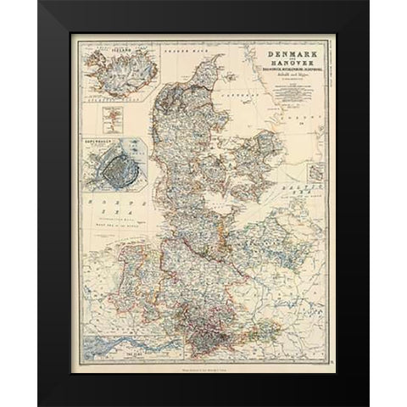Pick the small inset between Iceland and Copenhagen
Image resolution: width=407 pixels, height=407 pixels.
pos(109,114)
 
